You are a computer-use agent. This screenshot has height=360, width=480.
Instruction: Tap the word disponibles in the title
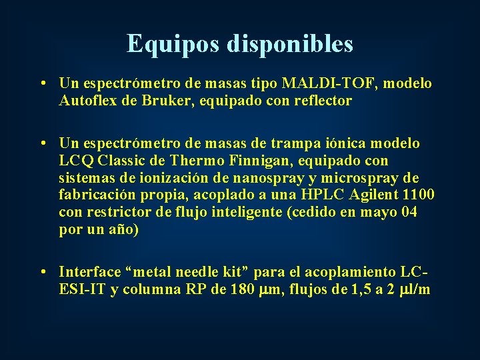tap(290, 44)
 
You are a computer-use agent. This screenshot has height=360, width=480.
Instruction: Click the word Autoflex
tap(87, 101)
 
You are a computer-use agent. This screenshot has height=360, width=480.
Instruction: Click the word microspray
tap(367, 178)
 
